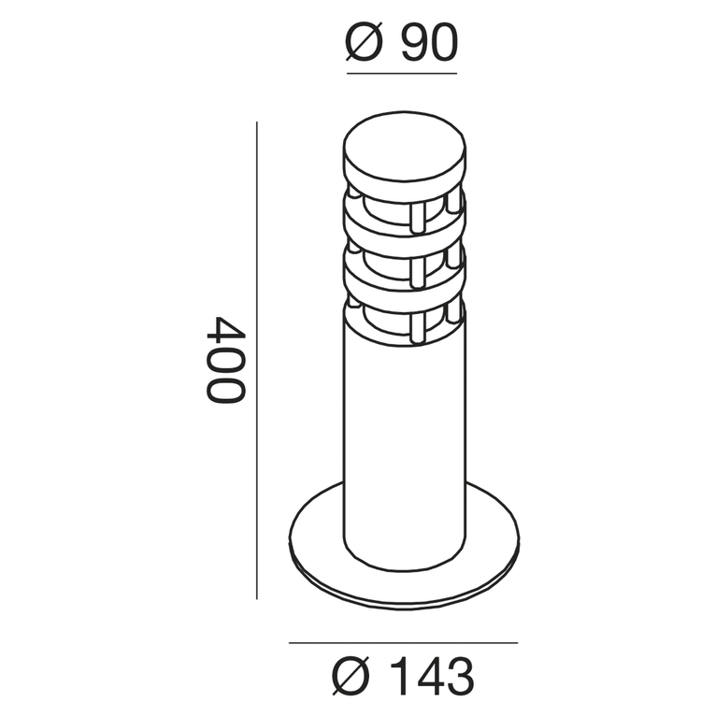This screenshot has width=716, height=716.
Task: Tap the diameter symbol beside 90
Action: coord(365,43)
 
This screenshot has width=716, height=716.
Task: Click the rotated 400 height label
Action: coord(225,359)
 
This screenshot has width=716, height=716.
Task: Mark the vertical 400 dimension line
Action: coord(257,360)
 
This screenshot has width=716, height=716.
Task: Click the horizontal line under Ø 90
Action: coord(402,73)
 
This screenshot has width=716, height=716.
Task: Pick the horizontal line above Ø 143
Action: coord(403,643)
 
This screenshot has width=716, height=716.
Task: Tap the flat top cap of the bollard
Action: coord(404,150)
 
